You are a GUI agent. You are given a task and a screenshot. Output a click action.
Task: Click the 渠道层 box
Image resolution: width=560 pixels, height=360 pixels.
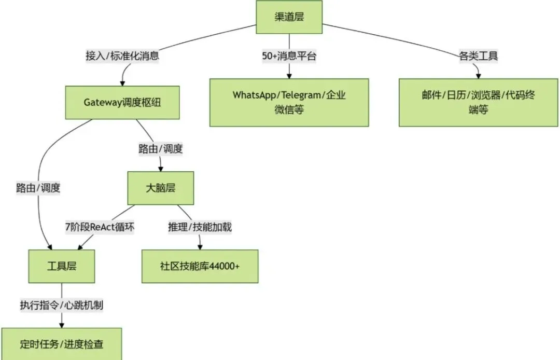289,17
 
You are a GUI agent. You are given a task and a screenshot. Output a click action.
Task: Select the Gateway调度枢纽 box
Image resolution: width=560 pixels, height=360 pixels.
122,102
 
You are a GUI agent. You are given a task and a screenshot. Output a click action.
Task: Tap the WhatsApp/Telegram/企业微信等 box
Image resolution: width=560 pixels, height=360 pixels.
289,102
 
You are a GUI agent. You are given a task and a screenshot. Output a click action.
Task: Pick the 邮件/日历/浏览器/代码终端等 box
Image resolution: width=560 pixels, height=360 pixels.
478,102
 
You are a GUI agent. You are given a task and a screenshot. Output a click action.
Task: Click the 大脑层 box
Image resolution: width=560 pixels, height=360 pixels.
160,188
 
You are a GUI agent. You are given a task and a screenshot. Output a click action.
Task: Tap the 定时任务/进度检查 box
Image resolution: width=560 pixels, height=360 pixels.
61,343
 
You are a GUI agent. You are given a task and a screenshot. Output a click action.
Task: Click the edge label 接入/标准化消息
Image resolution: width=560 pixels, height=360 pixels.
122,56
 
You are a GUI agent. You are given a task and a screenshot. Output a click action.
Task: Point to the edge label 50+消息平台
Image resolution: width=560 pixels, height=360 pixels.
289,56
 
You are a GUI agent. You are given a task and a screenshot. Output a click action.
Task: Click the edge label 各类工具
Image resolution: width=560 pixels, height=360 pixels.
478,56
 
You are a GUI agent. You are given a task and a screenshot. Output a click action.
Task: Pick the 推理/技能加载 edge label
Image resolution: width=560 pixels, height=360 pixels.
200,227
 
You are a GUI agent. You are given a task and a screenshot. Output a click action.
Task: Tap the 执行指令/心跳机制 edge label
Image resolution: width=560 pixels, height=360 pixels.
62,304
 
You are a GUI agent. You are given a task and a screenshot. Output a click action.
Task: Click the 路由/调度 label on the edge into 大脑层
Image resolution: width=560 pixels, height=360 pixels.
160,149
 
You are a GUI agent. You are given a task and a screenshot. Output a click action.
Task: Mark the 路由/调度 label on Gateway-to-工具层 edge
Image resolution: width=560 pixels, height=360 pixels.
38,188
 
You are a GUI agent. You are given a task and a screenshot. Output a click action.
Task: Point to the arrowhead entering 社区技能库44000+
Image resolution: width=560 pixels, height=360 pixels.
200,246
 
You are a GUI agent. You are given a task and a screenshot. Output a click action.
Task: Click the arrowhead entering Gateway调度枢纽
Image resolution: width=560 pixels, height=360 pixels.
123,82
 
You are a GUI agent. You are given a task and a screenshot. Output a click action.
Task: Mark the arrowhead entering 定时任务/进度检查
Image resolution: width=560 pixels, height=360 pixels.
62,325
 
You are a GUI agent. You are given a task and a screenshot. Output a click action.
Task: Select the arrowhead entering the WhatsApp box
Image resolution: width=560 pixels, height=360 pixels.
289,75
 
